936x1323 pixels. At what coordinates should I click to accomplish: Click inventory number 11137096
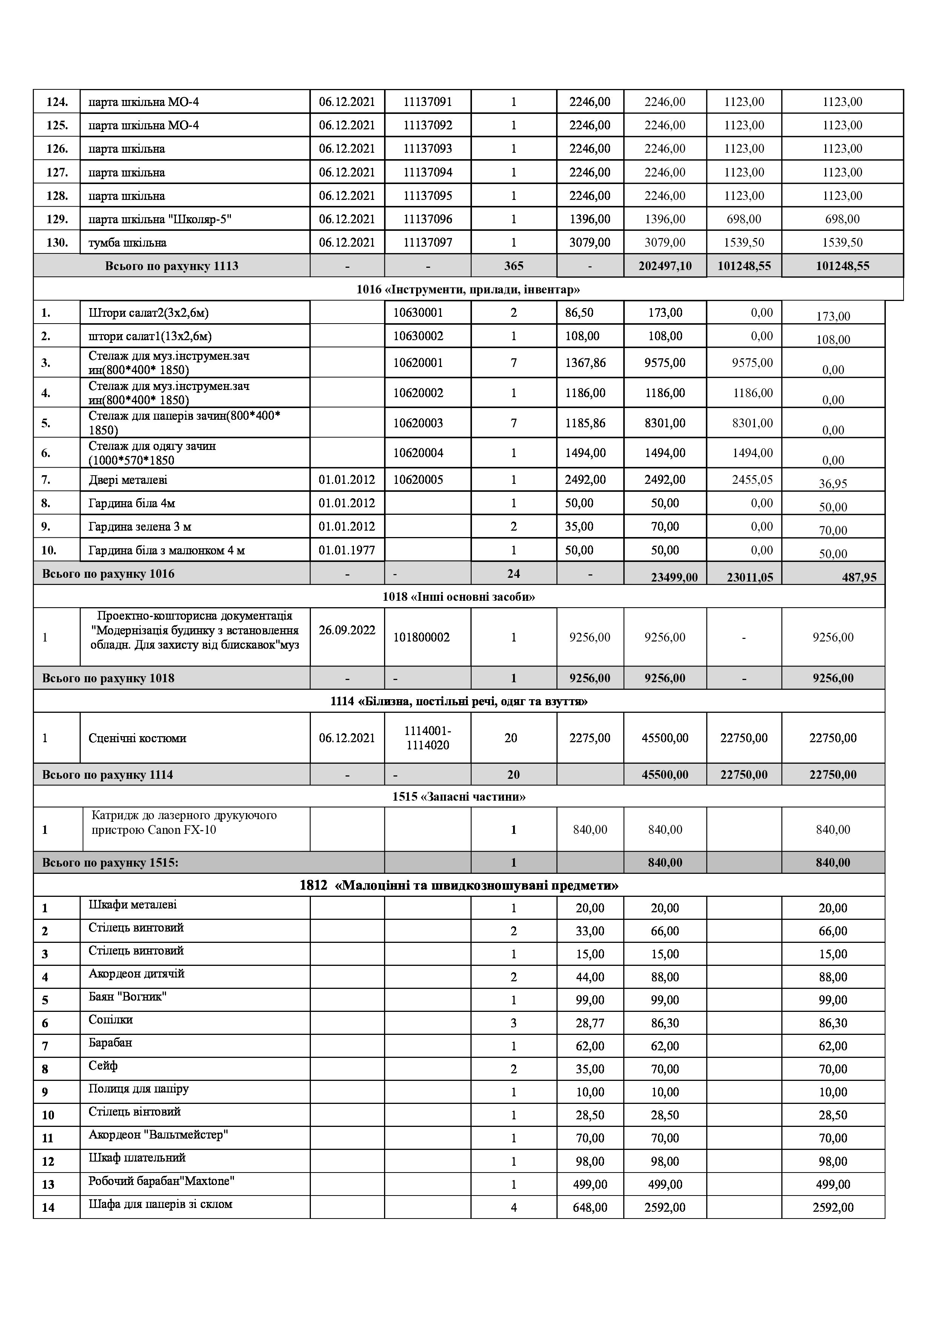pyautogui.click(x=428, y=219)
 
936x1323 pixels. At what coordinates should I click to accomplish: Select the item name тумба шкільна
pyautogui.click(x=128, y=242)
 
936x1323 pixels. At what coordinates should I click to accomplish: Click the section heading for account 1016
pyautogui.click(x=468, y=289)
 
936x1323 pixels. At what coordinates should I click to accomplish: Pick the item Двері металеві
pyautogui.click(x=128, y=480)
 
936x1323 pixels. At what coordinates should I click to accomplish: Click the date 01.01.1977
pyautogui.click(x=347, y=550)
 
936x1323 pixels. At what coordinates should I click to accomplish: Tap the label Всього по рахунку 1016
pyautogui.click(x=108, y=574)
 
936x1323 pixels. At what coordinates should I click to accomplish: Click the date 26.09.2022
pyautogui.click(x=347, y=630)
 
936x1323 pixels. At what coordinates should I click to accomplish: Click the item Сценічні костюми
pyautogui.click(x=137, y=738)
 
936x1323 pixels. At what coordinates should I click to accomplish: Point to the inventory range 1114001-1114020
pyautogui.click(x=428, y=738)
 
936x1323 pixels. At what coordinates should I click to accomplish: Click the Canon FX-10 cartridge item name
pyautogui.click(x=183, y=823)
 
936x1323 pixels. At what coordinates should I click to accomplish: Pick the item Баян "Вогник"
pyautogui.click(x=128, y=996)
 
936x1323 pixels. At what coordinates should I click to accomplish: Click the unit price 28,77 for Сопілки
pyautogui.click(x=590, y=1024)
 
